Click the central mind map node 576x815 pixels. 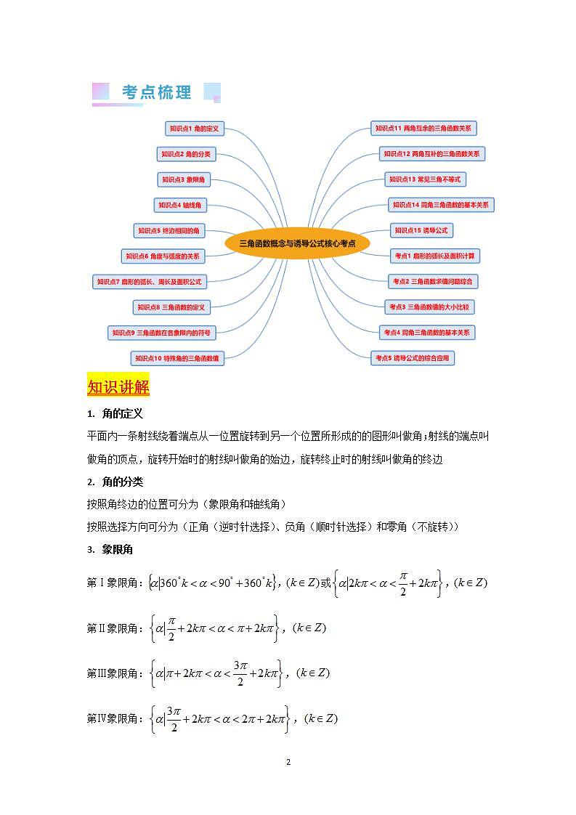click(x=297, y=243)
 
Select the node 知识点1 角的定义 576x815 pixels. click(x=194, y=129)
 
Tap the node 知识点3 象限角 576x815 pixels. click(x=183, y=179)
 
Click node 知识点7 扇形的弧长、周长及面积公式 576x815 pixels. click(x=149, y=281)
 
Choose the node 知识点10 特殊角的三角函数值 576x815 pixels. click(x=177, y=358)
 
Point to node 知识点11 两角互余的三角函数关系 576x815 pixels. click(x=423, y=129)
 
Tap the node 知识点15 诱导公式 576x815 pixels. click(x=422, y=230)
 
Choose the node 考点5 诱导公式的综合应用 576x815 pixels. click(x=413, y=358)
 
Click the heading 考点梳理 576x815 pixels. click(x=157, y=92)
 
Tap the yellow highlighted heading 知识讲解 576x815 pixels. click(x=118, y=386)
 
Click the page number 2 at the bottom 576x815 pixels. click(x=288, y=762)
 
